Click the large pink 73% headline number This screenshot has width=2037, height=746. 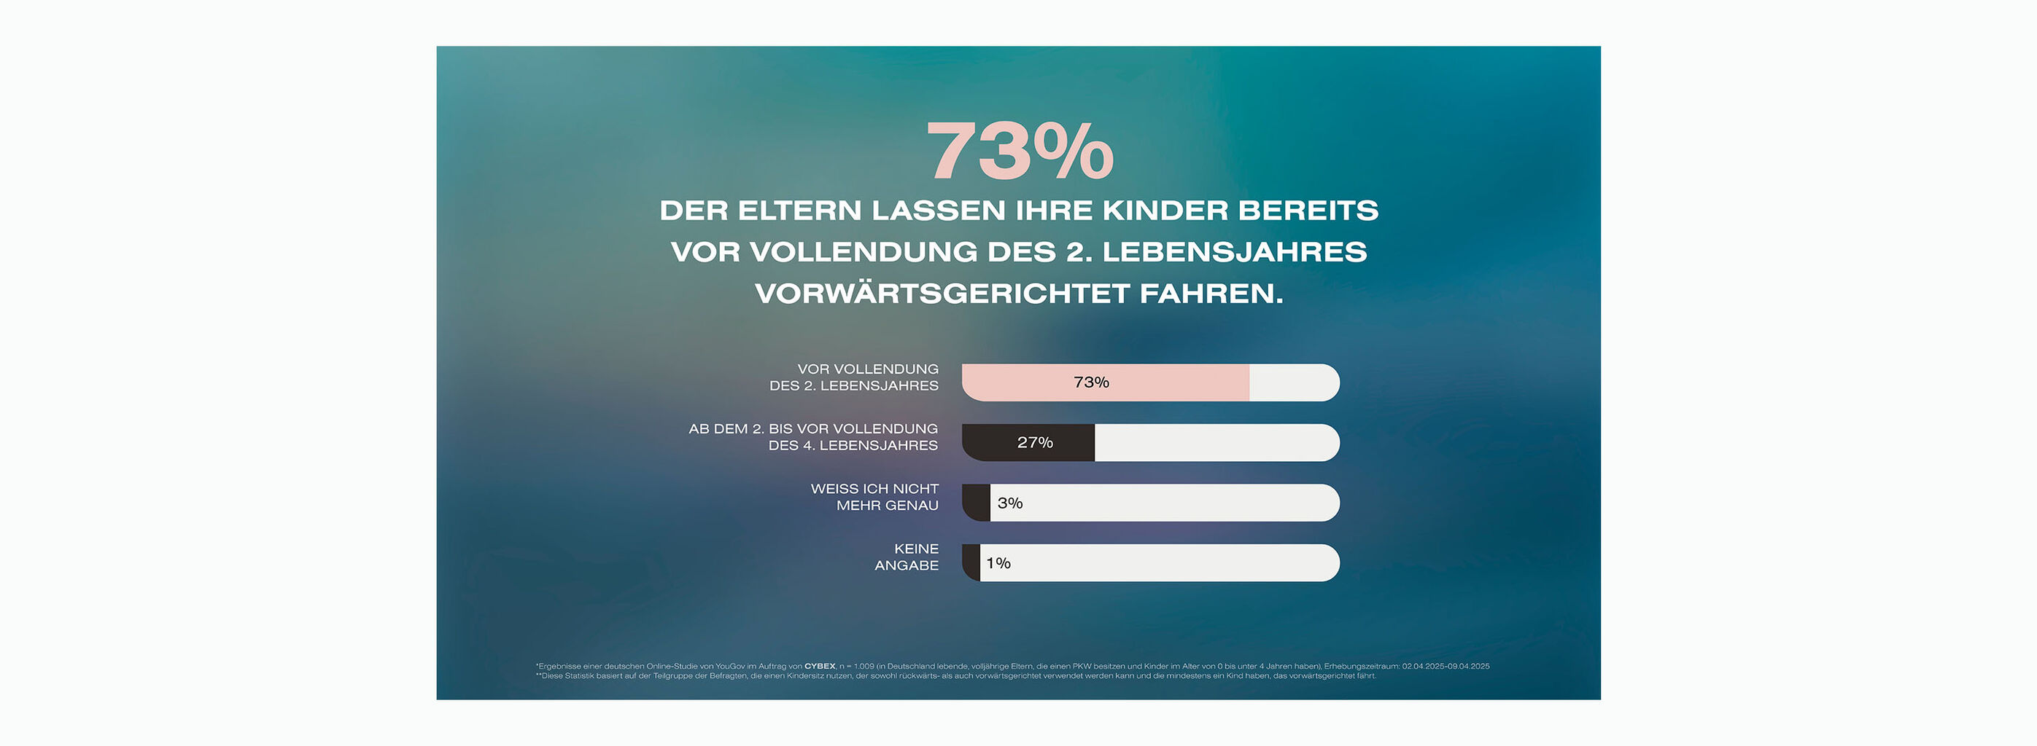[x=1020, y=151]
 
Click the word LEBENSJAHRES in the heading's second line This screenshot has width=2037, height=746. [x=1233, y=252]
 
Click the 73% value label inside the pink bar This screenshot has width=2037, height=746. [x=1091, y=382]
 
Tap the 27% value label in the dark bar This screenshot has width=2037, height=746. [x=1034, y=442]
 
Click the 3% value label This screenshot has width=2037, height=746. [x=1010, y=503]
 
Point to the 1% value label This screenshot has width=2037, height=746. [x=998, y=562]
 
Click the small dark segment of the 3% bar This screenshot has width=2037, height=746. [x=977, y=503]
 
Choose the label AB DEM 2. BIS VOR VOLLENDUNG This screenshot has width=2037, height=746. [x=813, y=428]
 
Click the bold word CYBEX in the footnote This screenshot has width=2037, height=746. [x=819, y=666]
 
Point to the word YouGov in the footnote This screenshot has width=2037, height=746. [x=730, y=666]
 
